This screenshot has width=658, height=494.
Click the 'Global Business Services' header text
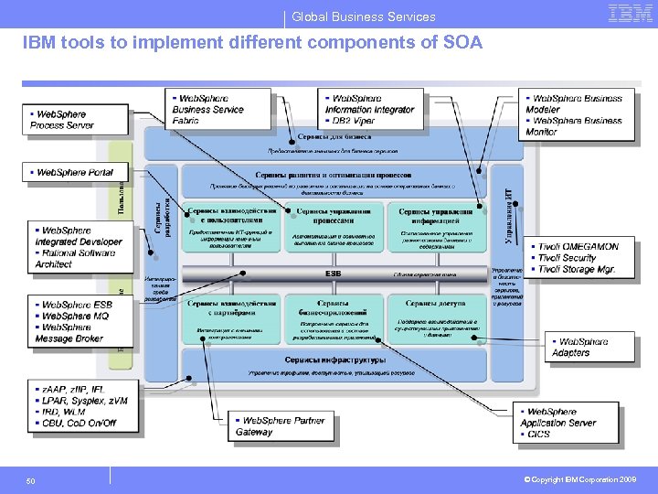pos(364,16)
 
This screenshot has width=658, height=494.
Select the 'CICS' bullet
pos(539,434)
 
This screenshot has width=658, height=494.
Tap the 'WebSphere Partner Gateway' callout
pos(280,426)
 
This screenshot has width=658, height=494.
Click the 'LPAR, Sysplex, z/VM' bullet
pos(85,401)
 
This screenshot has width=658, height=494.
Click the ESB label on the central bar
pos(334,274)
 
